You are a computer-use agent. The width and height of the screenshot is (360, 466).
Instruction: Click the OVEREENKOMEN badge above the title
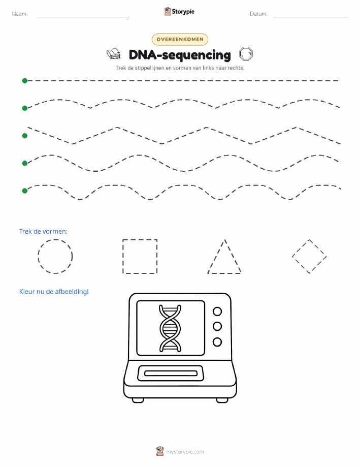pos(180,39)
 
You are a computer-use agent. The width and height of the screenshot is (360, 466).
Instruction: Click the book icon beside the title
pos(113,54)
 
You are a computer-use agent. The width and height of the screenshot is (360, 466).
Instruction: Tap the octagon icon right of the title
pos(246,54)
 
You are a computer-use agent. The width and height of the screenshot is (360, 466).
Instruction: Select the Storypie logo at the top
pos(179,12)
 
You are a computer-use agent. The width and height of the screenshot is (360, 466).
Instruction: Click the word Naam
pos(20,14)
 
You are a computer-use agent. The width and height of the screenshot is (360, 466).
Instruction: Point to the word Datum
pos(258,14)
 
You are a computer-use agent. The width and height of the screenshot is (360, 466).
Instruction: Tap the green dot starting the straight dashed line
pos(25,80)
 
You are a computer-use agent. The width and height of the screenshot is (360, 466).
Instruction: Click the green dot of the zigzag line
pos(25,136)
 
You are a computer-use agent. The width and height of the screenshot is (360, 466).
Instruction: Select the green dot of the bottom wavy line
pos(25,191)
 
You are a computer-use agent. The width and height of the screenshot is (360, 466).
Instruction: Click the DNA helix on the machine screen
pos(170,328)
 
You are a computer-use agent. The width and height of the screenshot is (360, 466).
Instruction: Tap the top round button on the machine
pos(217,312)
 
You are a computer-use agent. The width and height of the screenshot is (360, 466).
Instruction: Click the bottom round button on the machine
pos(217,342)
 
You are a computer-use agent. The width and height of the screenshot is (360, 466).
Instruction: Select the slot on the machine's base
pos(171,374)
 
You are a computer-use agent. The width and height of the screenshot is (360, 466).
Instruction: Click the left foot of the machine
pos(138,400)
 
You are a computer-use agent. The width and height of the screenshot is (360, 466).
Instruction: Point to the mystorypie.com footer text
pos(185,452)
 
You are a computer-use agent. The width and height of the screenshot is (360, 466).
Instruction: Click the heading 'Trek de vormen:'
pos(43,232)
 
